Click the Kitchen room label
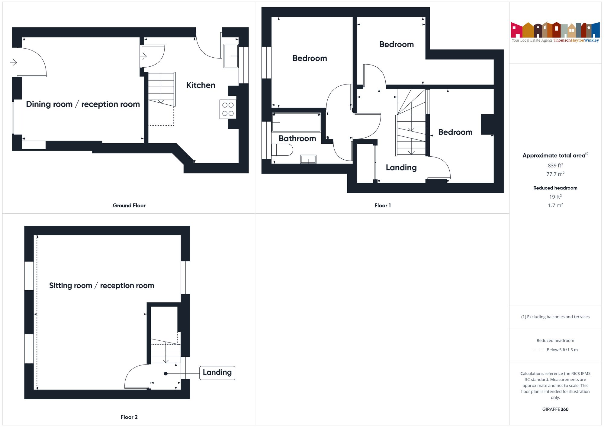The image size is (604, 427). pyautogui.click(x=201, y=85)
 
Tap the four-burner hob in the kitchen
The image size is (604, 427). pyautogui.click(x=228, y=109)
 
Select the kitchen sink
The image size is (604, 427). pyautogui.click(x=231, y=56)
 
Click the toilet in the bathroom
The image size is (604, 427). pyautogui.click(x=282, y=150)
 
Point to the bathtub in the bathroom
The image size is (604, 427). pyautogui.click(x=296, y=123)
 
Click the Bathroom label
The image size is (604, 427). pyautogui.click(x=297, y=139)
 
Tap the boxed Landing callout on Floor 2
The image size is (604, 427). pyautogui.click(x=217, y=373)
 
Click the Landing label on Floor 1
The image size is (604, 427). pyautogui.click(x=401, y=167)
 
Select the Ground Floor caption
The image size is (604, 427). pyautogui.click(x=129, y=206)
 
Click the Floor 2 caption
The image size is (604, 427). pyautogui.click(x=129, y=417)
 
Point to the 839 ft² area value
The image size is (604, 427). pyautogui.click(x=555, y=165)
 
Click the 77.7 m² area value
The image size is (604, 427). pyautogui.click(x=555, y=174)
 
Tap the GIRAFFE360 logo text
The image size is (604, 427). pyautogui.click(x=555, y=409)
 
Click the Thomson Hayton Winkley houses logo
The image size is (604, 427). pyautogui.click(x=555, y=30)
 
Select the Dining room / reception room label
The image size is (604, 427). pyautogui.click(x=83, y=104)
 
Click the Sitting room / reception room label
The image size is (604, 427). pyautogui.click(x=101, y=285)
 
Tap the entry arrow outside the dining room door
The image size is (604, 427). pyautogui.click(x=13, y=62)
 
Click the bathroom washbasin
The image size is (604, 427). pyautogui.click(x=308, y=159)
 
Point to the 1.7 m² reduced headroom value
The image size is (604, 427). pyautogui.click(x=555, y=206)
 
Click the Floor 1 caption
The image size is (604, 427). pyautogui.click(x=382, y=206)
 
